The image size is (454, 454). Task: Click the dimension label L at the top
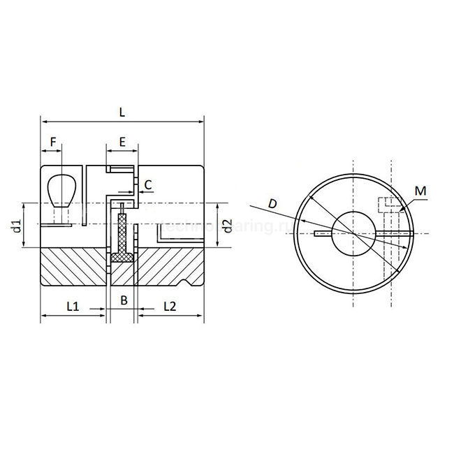[x=123, y=111]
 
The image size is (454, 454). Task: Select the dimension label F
[x=52, y=142]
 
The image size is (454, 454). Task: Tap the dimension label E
[x=122, y=142]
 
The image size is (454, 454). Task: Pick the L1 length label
[x=72, y=306]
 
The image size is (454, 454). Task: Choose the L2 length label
[x=170, y=306]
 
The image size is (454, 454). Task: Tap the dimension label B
[x=123, y=301]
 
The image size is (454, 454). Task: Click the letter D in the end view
[x=273, y=203]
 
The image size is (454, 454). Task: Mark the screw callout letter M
[x=419, y=191]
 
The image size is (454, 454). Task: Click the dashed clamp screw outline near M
[x=388, y=205]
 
